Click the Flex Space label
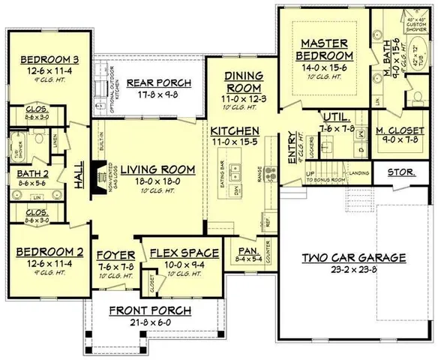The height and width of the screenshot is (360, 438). pyautogui.click(x=184, y=253)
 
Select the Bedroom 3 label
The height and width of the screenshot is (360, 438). pyautogui.click(x=44, y=59)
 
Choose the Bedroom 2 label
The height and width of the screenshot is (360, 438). pyautogui.click(x=44, y=253)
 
